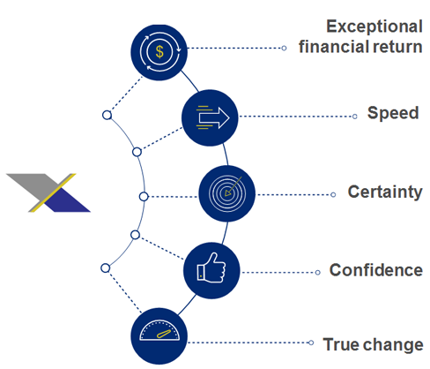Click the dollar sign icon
pos(159,52)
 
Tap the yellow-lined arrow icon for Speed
pos(212,117)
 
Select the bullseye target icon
pos(226,193)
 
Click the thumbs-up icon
pos(211,267)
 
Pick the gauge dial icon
pos(159,331)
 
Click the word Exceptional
pos(374,26)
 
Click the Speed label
pos(393,113)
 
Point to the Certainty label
pos(385,192)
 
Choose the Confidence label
pos(376,270)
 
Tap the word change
pos(394,345)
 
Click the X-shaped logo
pos(48,192)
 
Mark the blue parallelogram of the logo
pos(68,200)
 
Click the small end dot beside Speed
pos(355,117)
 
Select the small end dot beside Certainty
pos(333,195)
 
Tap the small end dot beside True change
pos(311,343)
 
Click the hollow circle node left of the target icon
pos(144,197)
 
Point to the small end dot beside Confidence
pos(317,273)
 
